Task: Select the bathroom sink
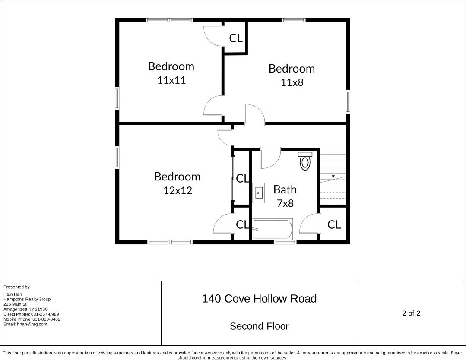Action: [x=258, y=193]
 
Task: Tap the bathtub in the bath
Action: [x=273, y=229]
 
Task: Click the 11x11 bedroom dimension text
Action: [x=171, y=80]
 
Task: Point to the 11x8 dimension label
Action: [x=292, y=82]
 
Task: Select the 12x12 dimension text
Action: [x=178, y=190]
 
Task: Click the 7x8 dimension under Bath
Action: [x=285, y=203]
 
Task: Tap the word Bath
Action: [x=285, y=189]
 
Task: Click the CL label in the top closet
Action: [x=236, y=38]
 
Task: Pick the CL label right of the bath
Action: [x=334, y=224]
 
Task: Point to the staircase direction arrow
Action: [x=333, y=176]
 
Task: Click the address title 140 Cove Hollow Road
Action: [x=259, y=299]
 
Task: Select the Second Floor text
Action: [x=259, y=326]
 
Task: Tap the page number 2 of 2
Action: [x=411, y=313]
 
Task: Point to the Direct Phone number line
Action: [x=31, y=314]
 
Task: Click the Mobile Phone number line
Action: [x=32, y=319]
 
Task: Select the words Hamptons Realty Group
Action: [x=27, y=299]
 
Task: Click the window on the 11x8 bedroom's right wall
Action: [x=348, y=101]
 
